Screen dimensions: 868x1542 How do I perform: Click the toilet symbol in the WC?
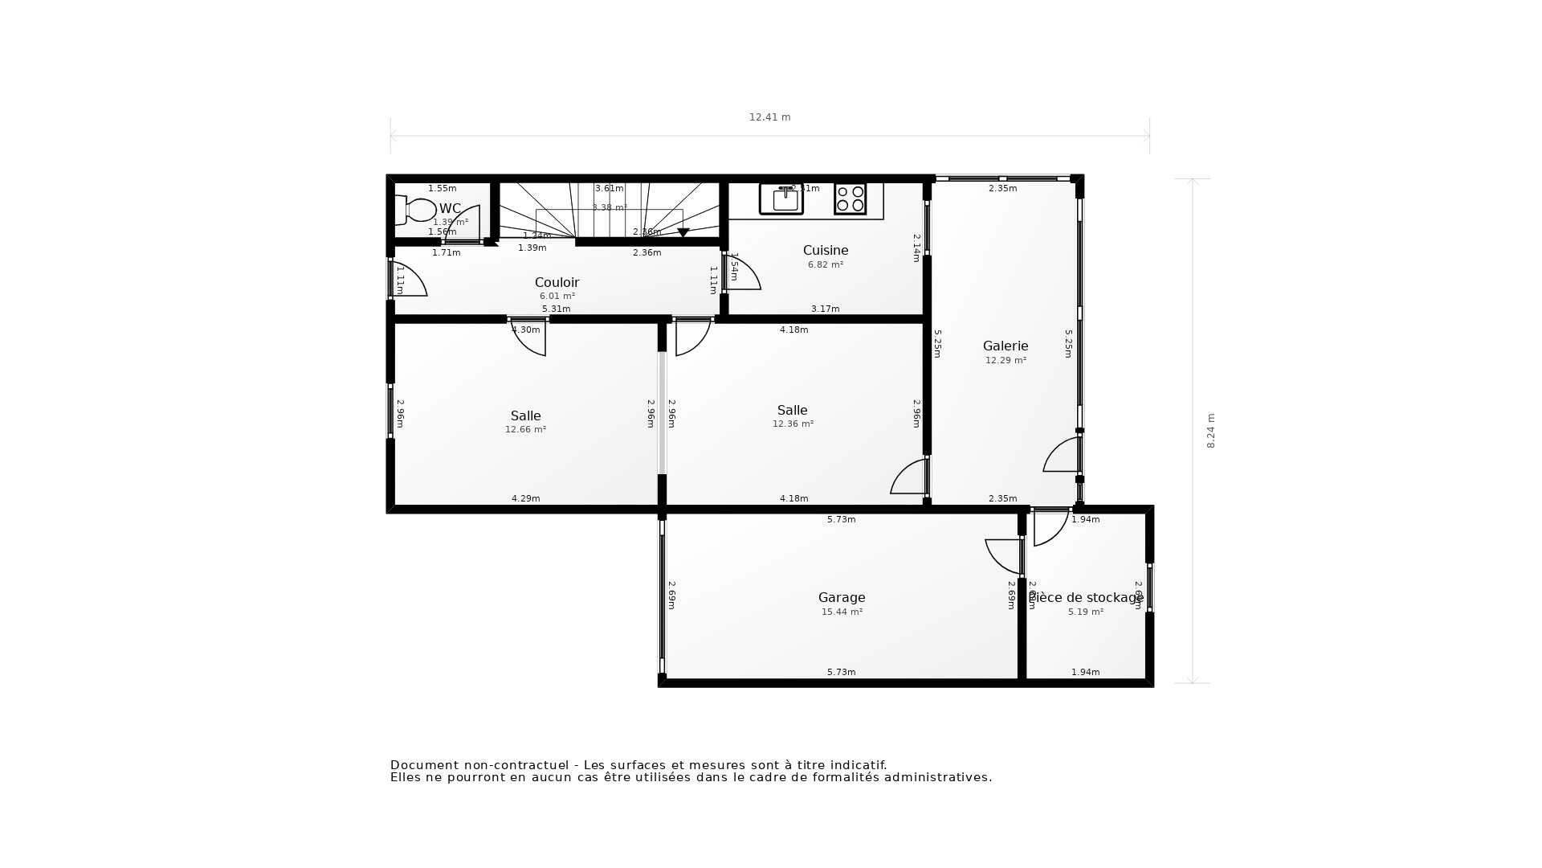[x=415, y=210]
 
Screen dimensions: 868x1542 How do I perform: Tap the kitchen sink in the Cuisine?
[x=781, y=199]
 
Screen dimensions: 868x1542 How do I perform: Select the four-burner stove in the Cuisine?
[x=850, y=199]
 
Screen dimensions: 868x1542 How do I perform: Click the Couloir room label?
[x=557, y=282]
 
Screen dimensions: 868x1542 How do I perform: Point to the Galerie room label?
[x=1006, y=346]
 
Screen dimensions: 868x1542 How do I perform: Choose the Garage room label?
[x=842, y=597]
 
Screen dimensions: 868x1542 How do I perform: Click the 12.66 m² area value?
[x=525, y=430]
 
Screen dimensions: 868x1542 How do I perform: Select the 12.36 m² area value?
[x=793, y=424]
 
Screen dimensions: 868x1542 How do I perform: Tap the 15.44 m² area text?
[x=842, y=612]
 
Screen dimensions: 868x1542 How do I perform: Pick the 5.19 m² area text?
[x=1086, y=612]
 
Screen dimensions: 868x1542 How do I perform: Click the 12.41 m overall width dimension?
[x=769, y=117]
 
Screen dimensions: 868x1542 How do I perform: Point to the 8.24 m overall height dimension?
[x=1211, y=431]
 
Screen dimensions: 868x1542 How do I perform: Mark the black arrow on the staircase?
[x=683, y=232]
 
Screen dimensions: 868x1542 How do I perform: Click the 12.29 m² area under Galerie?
[x=1006, y=361]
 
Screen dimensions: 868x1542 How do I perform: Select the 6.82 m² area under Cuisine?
[x=826, y=265]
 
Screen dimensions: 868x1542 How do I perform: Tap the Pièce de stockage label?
[x=1086, y=597]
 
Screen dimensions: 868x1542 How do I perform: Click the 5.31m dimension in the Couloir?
[x=556, y=309]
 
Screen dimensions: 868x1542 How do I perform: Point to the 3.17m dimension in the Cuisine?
[x=825, y=309]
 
